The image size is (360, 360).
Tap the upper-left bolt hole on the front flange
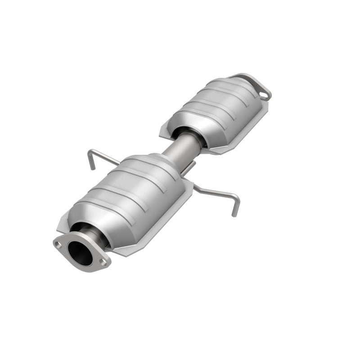[x=58, y=244]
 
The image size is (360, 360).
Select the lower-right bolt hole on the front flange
[x=103, y=261]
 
